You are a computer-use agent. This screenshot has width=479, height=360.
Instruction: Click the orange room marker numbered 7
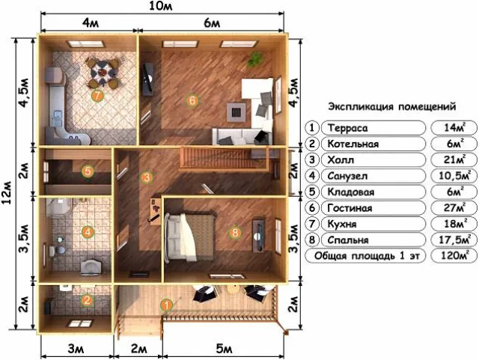(97, 96)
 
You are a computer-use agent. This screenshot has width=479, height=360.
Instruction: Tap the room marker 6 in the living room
(192, 100)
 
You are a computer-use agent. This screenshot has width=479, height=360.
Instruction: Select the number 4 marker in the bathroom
(88, 232)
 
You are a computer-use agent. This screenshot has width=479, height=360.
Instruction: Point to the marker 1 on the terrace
(167, 305)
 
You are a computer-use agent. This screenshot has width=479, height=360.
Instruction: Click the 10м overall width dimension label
(161, 6)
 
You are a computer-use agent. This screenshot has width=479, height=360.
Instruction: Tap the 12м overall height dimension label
(7, 193)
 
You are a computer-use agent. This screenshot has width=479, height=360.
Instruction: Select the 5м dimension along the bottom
(224, 349)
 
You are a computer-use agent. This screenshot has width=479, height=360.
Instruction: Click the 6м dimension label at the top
(212, 23)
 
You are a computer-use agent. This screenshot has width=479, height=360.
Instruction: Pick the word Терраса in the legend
(347, 128)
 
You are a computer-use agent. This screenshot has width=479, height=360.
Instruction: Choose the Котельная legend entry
(353, 144)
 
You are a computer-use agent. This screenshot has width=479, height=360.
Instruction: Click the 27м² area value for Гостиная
(454, 207)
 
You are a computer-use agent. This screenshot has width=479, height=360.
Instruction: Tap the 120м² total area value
(454, 255)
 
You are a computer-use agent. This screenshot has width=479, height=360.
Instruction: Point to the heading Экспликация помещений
(392, 107)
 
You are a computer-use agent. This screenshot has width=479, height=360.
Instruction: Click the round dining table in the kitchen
(102, 72)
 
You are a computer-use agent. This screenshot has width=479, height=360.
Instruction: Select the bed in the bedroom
(190, 237)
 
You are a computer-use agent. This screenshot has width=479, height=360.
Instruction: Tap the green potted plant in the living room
(255, 59)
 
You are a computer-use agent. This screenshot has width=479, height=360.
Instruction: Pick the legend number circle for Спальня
(312, 240)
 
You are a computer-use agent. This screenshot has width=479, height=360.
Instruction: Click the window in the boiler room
(80, 323)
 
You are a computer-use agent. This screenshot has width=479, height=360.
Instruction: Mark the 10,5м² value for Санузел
(454, 176)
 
